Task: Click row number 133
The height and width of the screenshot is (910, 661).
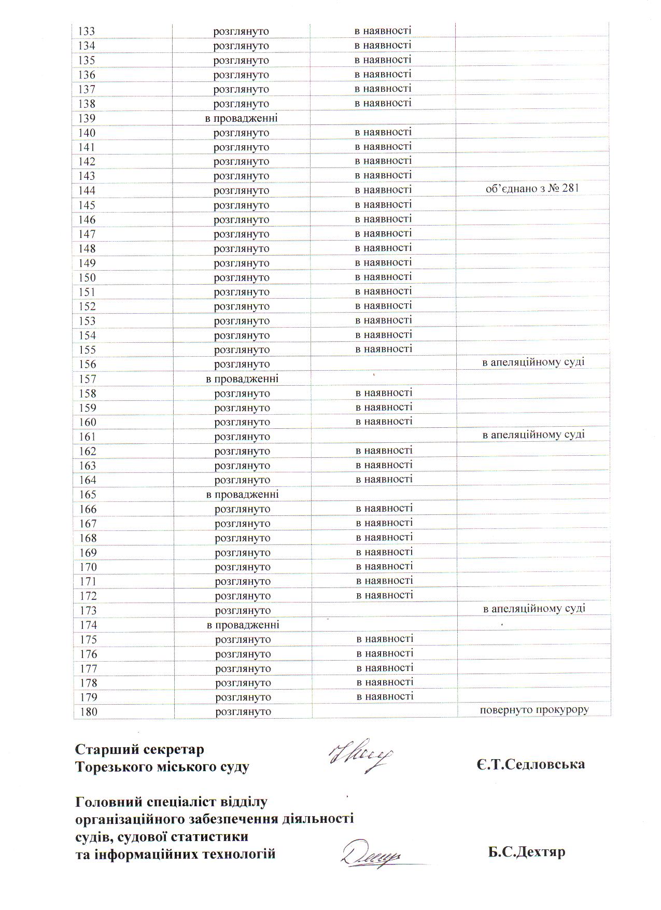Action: click(86, 31)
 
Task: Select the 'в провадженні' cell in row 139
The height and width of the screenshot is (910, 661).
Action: click(241, 118)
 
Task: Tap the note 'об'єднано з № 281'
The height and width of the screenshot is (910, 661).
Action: click(532, 189)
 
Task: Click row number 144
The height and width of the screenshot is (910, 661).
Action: click(87, 191)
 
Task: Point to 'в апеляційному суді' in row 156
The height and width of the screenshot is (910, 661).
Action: click(533, 362)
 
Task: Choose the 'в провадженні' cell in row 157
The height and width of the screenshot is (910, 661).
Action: click(242, 379)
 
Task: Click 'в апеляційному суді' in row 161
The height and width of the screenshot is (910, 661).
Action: click(533, 435)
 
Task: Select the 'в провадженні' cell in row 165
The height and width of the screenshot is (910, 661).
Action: click(242, 495)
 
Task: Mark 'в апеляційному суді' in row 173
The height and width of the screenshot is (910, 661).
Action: click(534, 608)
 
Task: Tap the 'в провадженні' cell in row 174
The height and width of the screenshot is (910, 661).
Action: click(243, 625)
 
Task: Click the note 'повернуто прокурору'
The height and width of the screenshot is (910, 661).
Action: click(534, 710)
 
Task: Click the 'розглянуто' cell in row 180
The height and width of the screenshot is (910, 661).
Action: click(243, 712)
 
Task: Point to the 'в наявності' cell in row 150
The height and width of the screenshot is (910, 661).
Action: click(383, 277)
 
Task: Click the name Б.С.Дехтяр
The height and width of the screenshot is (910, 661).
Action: click(526, 852)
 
